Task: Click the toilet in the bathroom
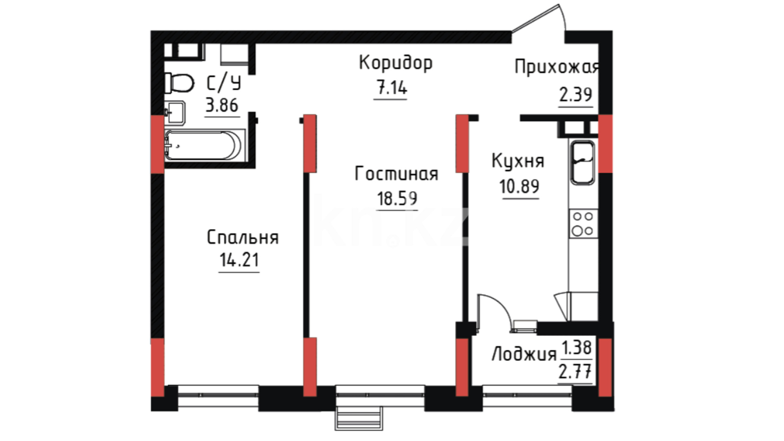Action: pyautogui.click(x=179, y=83)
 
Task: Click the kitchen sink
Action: pyautogui.click(x=583, y=163)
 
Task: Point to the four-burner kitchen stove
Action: pyautogui.click(x=583, y=224)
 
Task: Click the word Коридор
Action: pyautogui.click(x=396, y=64)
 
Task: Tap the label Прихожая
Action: pyautogui.click(x=557, y=68)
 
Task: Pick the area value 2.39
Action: pyautogui.click(x=575, y=95)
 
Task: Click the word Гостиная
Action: pyautogui.click(x=396, y=174)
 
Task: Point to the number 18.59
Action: pyautogui.click(x=397, y=199)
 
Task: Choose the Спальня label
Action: pyautogui.click(x=243, y=238)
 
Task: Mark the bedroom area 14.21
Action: pyautogui.click(x=239, y=260)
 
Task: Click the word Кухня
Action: pyautogui.click(x=518, y=161)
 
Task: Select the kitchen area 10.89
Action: pyautogui.click(x=519, y=187)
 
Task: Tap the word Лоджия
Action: pyautogui.click(x=524, y=354)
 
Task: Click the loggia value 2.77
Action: pyautogui.click(x=575, y=372)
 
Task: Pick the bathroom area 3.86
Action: pyautogui.click(x=222, y=105)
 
